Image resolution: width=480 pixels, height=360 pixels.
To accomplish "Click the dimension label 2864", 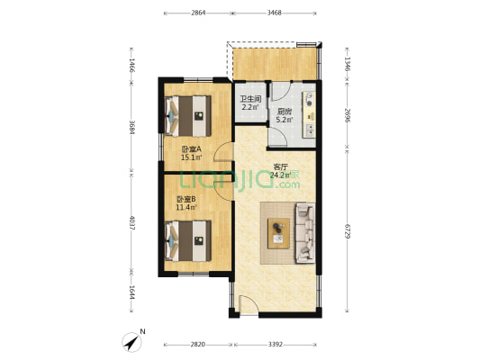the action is [198, 13].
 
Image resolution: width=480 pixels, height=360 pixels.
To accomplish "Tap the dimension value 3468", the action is [275, 13].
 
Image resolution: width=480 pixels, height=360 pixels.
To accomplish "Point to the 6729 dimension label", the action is [348, 231].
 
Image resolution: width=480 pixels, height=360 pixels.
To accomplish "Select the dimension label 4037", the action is [131, 223].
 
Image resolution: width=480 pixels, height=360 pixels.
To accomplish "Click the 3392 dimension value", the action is [276, 345].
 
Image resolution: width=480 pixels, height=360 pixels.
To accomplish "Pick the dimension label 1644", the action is [131, 292].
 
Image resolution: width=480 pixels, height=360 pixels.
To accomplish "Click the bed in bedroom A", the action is [188, 116].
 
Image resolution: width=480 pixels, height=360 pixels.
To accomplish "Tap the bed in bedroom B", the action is [188, 241].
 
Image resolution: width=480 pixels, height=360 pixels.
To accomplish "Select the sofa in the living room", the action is [305, 233].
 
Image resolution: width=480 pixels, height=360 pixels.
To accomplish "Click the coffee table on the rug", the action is [278, 233].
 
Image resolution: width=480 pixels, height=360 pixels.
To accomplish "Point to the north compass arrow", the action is [132, 342].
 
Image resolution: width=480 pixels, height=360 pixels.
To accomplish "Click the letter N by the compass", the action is [142, 331].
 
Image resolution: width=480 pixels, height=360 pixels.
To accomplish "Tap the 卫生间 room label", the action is [250, 99].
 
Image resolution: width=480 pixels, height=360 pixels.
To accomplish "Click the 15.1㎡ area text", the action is [191, 157].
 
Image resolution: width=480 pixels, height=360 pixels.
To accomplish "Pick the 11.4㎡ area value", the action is [186, 207].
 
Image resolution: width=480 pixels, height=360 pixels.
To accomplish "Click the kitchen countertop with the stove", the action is [309, 114].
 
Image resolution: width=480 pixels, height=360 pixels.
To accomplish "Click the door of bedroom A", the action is [222, 152].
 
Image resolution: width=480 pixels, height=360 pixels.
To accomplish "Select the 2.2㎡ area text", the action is [250, 107].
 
